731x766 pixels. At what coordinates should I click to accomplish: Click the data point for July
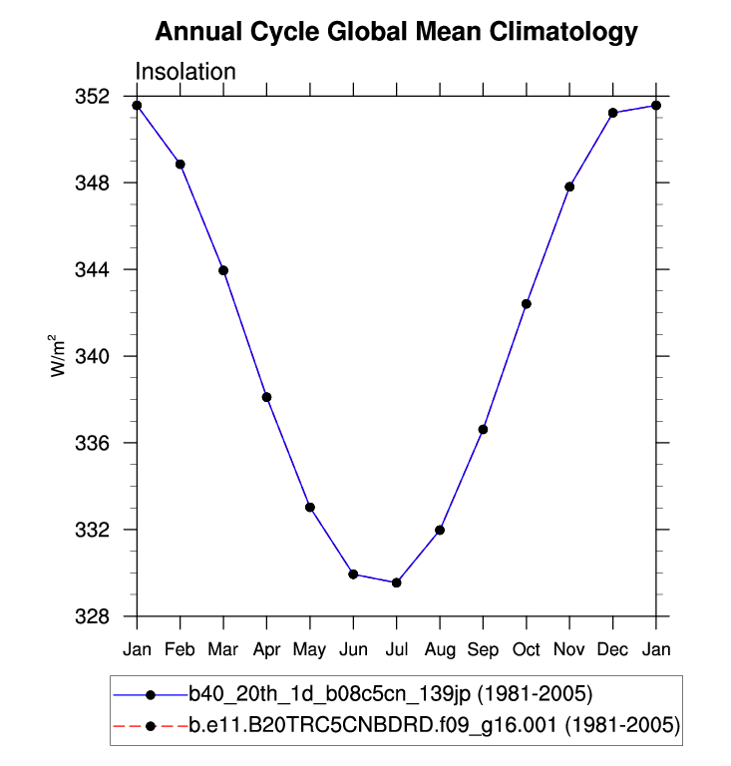pos(397,582)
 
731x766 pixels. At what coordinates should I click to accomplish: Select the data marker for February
pos(181,164)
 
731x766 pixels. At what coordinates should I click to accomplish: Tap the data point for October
pos(527,303)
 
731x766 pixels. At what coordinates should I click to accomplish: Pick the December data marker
pos(613,113)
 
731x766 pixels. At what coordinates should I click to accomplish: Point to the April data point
pos(267,397)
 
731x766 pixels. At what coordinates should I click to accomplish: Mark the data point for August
pos(440,530)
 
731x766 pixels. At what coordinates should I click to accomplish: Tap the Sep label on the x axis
pos(484,649)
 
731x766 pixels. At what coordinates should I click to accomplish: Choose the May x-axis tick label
pos(310,650)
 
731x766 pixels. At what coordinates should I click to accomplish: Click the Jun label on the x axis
pos(353,649)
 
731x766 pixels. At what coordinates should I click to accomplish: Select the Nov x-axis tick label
pos(569,649)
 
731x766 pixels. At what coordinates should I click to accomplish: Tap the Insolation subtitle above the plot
pos(185,72)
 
